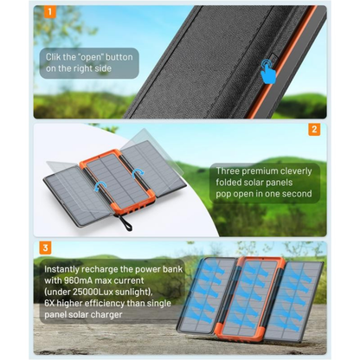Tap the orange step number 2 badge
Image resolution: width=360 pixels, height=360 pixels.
pyautogui.click(x=314, y=131)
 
